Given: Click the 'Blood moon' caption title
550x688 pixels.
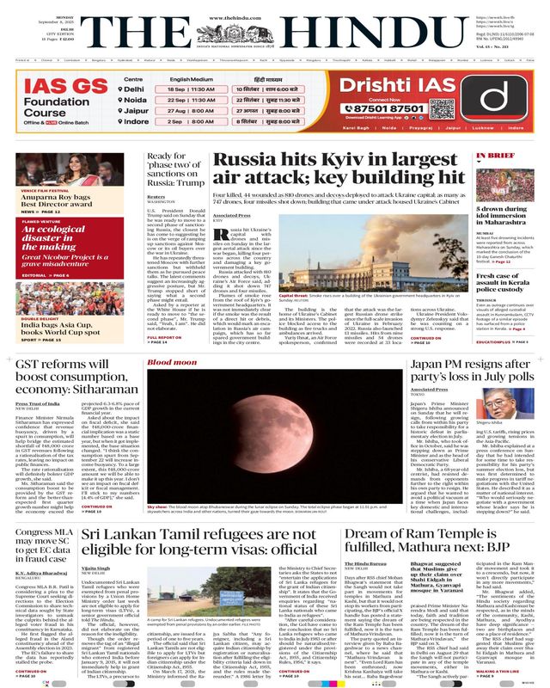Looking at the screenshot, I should (165, 364).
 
